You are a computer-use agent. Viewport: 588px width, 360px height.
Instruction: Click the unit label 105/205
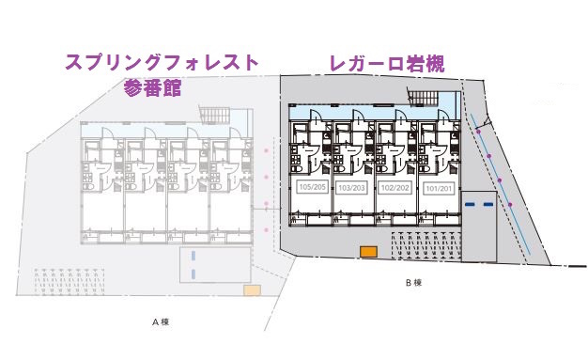(310, 187)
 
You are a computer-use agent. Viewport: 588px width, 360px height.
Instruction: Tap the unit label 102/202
(394, 187)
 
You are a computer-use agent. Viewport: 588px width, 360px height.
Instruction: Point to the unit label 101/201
(437, 187)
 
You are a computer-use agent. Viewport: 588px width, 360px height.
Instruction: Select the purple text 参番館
(152, 89)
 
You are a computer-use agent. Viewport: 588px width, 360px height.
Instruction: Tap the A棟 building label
(161, 321)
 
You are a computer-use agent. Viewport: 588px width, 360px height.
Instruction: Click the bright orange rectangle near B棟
(367, 251)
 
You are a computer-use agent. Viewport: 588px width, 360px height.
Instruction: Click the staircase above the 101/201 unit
(424, 97)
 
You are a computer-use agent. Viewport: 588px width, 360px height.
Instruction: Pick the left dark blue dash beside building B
(472, 203)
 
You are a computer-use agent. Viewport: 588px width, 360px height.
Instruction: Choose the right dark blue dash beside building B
(488, 203)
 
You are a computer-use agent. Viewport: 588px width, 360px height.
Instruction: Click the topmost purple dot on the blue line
(478, 132)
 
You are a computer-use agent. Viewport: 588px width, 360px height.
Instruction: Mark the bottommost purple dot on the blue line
(511, 203)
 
